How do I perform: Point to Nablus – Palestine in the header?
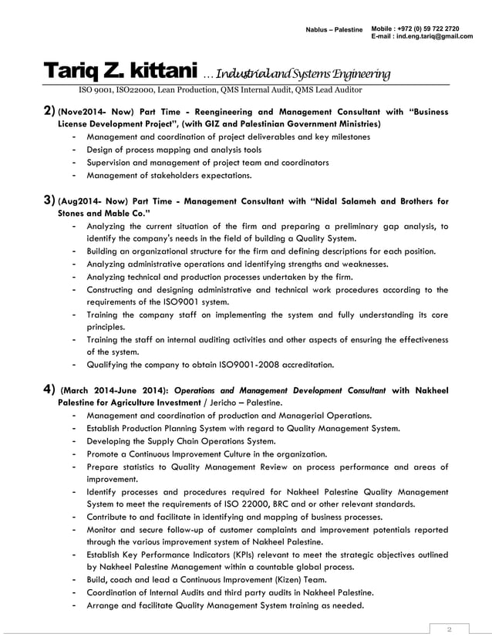[334, 29]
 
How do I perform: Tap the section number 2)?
[48, 111]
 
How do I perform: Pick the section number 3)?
[48, 201]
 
